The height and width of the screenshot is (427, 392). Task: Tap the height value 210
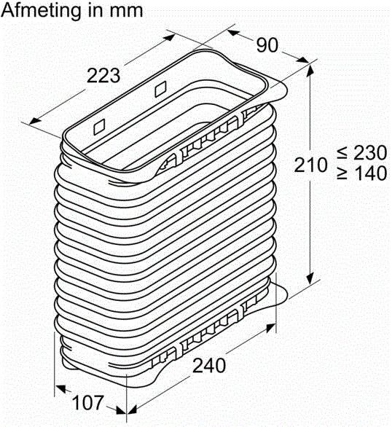[x=312, y=165]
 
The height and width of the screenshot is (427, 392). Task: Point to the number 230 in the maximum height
[x=367, y=153]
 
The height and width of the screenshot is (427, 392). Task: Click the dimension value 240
[x=209, y=364]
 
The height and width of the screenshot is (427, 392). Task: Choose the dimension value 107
[x=87, y=403]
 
